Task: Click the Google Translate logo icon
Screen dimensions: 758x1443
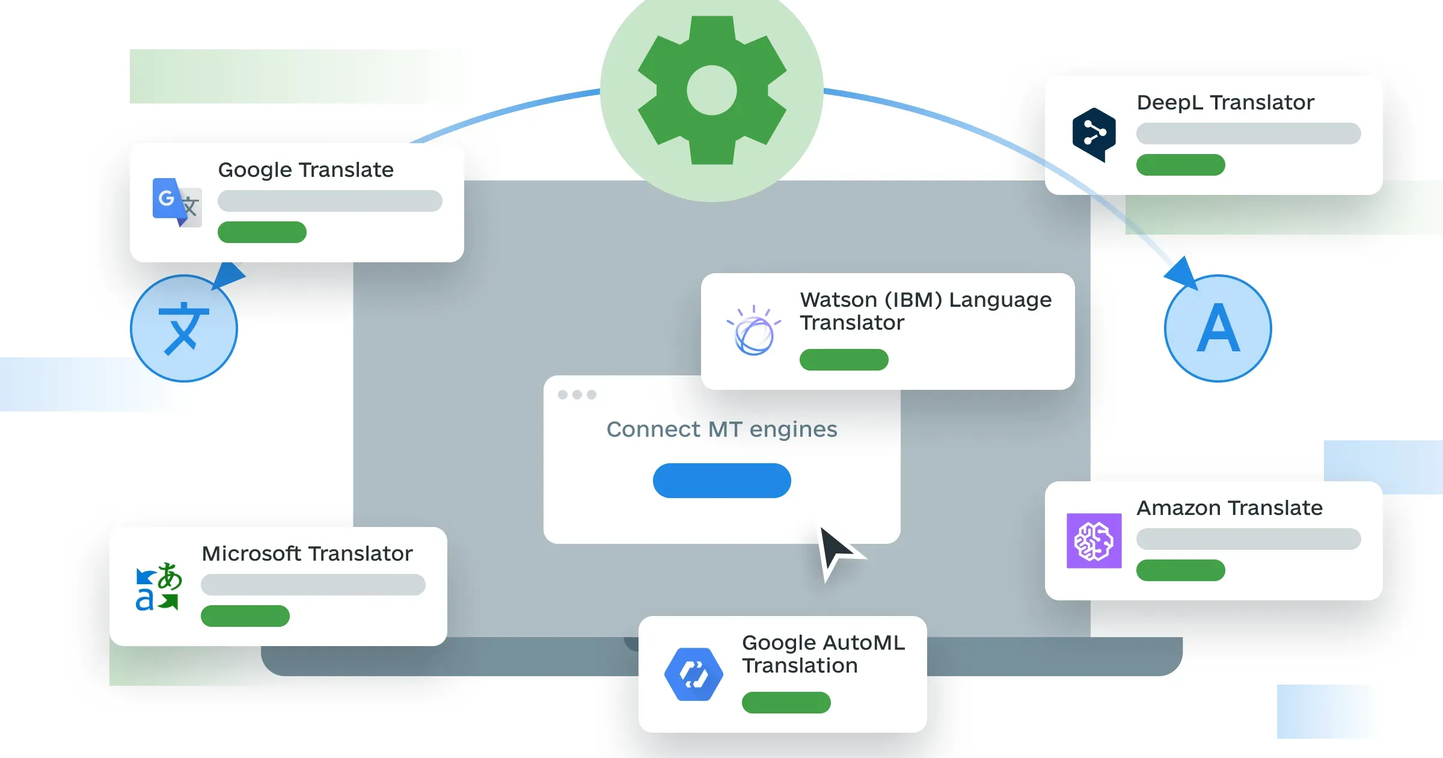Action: coord(176,202)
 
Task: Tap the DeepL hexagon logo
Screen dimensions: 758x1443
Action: coord(1094,134)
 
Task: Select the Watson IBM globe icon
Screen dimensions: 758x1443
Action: coord(754,332)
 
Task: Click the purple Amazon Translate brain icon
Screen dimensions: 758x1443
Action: coord(1094,540)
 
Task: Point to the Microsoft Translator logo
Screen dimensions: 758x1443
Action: coord(158,587)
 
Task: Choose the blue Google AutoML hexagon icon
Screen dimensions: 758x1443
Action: coord(693,674)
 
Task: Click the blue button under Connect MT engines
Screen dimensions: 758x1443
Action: coord(721,480)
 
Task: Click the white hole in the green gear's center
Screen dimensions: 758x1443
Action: coord(711,90)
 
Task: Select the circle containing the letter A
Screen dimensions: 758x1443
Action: coord(1218,328)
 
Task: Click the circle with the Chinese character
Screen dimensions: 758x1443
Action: coord(183,328)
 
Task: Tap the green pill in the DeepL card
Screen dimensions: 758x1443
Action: coord(1180,165)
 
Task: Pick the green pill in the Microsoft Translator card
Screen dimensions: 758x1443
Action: coord(245,616)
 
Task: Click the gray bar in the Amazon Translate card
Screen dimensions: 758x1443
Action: coord(1248,539)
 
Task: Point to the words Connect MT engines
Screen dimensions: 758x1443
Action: coord(721,430)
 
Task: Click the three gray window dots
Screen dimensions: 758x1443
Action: coord(577,395)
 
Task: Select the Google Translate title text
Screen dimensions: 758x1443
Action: coord(305,170)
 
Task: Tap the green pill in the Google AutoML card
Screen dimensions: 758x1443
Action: coord(786,703)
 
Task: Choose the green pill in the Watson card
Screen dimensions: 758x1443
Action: coord(844,360)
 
